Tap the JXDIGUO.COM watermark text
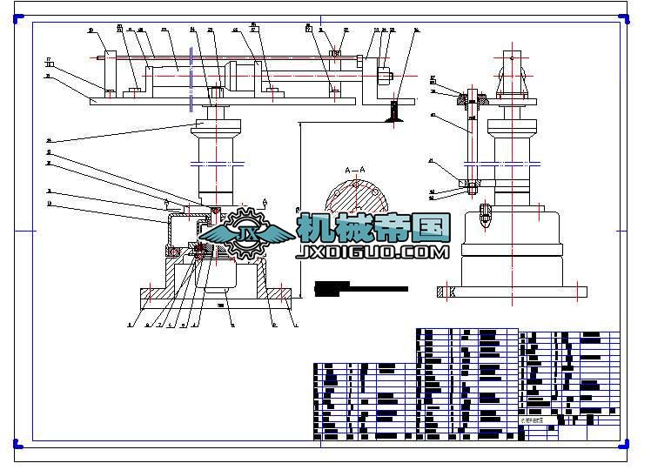tap(372, 252)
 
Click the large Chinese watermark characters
tap(374, 228)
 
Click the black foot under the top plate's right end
tap(394, 111)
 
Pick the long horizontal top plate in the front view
tap(222, 101)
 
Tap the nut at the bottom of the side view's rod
tap(471, 185)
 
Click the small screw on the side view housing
tap(486, 213)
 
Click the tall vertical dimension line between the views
tap(300, 209)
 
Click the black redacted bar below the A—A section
tap(361, 288)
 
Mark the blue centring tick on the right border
tap(621, 231)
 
